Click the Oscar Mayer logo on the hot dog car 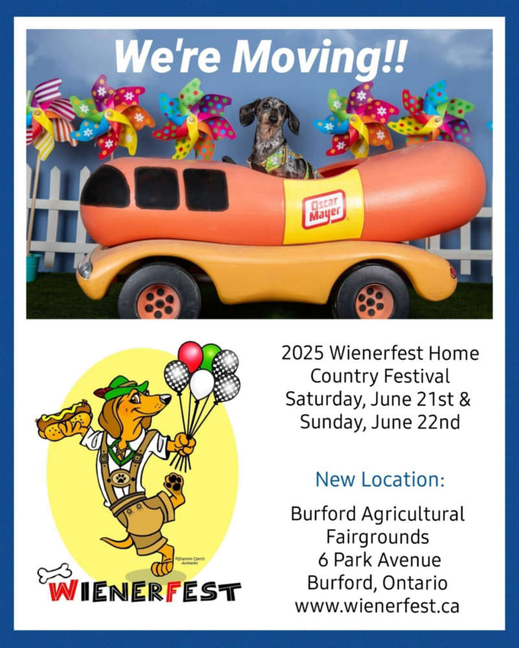[x=324, y=209]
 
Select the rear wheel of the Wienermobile [x=371, y=294]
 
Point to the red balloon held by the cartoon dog [x=190, y=355]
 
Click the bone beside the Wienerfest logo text [x=54, y=573]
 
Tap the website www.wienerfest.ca [x=377, y=606]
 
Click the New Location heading [x=380, y=480]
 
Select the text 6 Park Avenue [x=380, y=560]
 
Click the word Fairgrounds [x=378, y=537]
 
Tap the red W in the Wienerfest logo [x=62, y=591]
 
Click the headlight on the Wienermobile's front [x=85, y=266]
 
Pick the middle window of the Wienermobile [x=156, y=188]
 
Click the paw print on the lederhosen [x=121, y=479]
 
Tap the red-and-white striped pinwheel [x=51, y=117]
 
